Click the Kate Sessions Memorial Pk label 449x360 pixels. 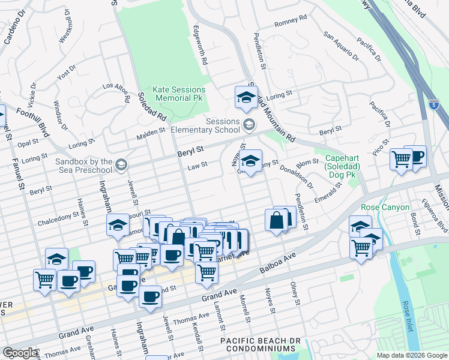(179, 93)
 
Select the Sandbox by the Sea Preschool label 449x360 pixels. (84, 166)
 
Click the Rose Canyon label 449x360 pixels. (385, 208)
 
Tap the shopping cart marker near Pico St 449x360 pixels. (400, 160)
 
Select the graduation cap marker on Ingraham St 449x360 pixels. (118, 226)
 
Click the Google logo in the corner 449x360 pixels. (20, 353)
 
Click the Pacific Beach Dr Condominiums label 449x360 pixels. (256, 345)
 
